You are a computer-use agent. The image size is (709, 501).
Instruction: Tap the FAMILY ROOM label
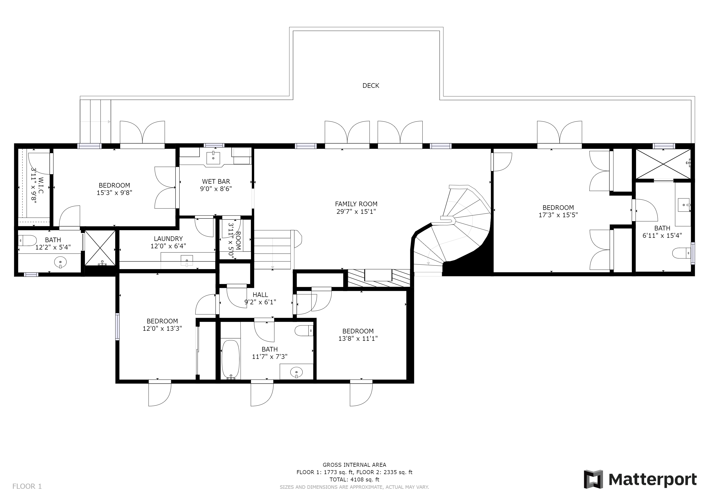[x=356, y=204]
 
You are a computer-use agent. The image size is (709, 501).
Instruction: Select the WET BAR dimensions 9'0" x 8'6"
[x=216, y=189]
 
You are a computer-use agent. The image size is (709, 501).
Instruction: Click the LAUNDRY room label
[x=168, y=239]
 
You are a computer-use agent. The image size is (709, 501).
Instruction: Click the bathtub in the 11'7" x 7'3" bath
[x=231, y=359]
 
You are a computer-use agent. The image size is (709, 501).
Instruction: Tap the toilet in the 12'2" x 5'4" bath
[x=27, y=240]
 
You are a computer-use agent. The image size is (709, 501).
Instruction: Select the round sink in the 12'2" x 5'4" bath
[x=60, y=262]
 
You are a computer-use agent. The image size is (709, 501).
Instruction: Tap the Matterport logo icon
[x=593, y=479]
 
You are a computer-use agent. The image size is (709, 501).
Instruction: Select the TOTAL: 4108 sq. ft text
[x=354, y=479]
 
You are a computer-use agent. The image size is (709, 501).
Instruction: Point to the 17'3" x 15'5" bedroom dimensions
[x=558, y=215]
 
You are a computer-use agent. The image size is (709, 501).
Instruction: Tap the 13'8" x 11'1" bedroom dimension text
[x=358, y=338]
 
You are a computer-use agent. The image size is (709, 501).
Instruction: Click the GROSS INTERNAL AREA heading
[x=354, y=465]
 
